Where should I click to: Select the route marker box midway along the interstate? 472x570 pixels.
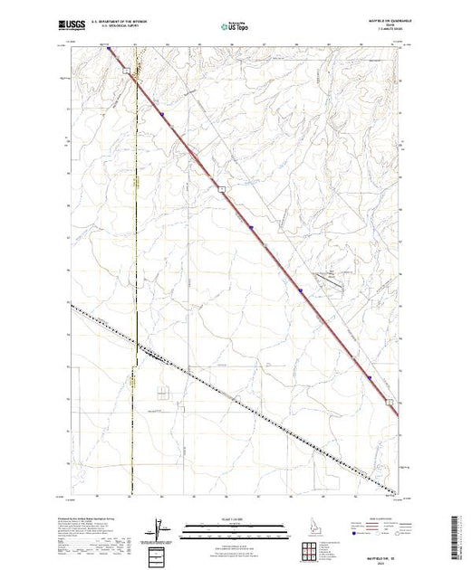[x=220, y=188]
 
